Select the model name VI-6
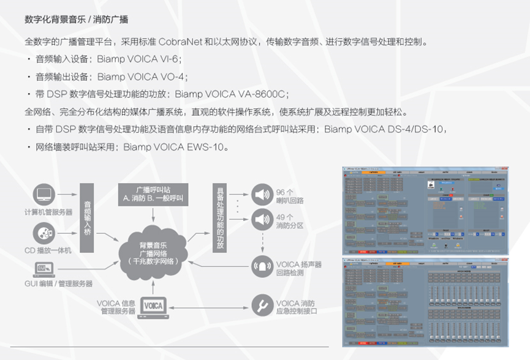pyautogui.click(x=170, y=60)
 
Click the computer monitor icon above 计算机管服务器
pyautogui.click(x=44, y=197)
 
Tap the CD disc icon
pyautogui.click(x=44, y=233)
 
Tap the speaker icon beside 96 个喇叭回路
pyautogui.click(x=261, y=196)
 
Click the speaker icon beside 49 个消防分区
pyautogui.click(x=261, y=219)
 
